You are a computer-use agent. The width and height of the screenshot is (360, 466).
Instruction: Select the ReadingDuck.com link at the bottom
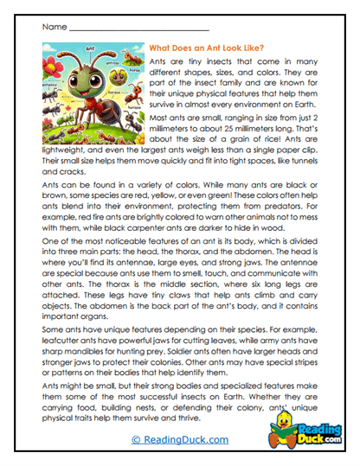(x=180, y=439)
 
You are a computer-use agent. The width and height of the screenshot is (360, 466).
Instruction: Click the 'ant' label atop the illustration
(x=93, y=48)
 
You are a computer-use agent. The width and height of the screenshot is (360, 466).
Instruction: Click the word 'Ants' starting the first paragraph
(x=160, y=65)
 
